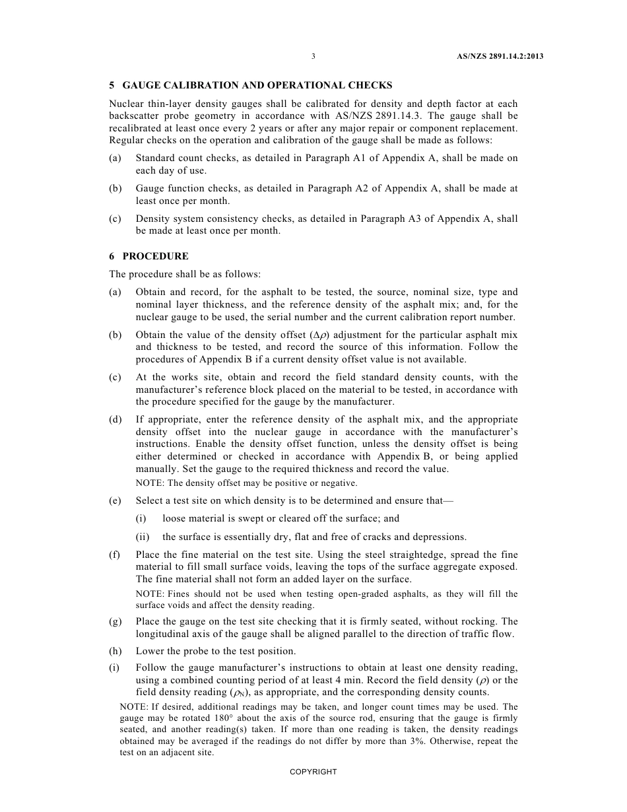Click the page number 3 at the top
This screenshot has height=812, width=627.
[313, 57]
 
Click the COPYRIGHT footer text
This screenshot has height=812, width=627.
[313, 772]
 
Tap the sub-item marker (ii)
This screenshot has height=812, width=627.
[142, 537]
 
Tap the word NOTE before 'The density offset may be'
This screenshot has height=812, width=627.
[148, 483]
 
